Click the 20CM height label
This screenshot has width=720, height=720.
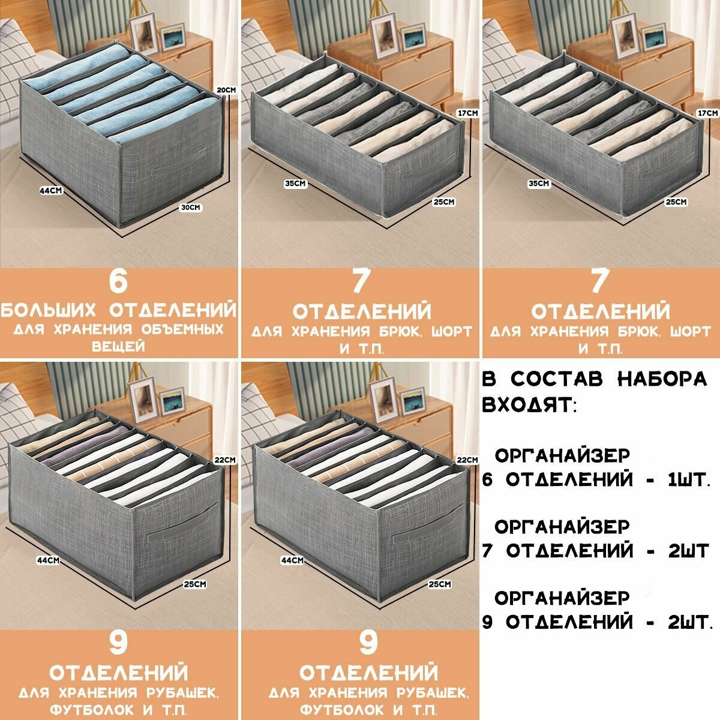[226, 90]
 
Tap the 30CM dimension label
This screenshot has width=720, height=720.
[190, 208]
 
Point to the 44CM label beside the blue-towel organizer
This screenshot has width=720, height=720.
[52, 191]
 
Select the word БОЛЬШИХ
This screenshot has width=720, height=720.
[49, 310]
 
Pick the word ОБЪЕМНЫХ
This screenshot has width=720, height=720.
[183, 330]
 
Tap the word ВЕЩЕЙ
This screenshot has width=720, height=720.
[118, 347]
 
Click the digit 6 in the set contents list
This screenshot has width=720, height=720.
[487, 479]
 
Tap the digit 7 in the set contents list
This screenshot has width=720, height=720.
[487, 551]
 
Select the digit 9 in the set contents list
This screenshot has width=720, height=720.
[487, 622]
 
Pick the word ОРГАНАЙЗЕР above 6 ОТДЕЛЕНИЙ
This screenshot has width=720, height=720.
[562, 455]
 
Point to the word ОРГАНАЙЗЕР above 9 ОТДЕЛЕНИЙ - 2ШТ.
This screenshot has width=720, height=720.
[562, 598]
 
